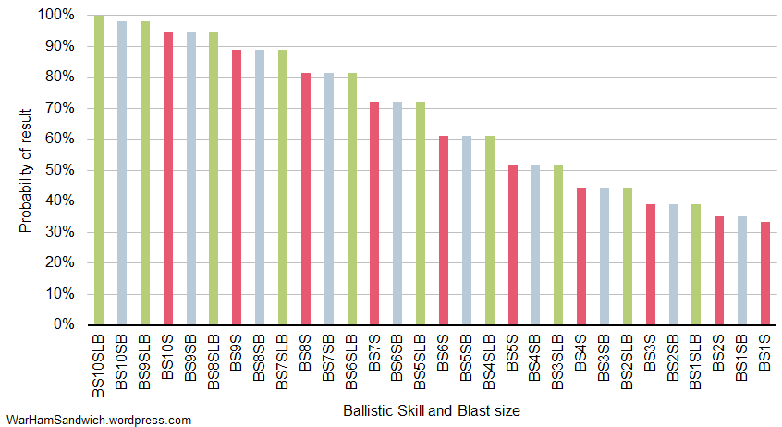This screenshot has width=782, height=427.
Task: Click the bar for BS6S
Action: point(444,230)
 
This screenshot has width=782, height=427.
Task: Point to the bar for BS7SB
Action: point(329,199)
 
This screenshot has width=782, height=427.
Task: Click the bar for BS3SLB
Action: point(558,244)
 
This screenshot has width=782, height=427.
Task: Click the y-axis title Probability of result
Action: point(25,170)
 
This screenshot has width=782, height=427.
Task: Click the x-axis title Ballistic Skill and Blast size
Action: point(431,409)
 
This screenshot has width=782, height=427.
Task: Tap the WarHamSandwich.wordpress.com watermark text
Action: point(98,420)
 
